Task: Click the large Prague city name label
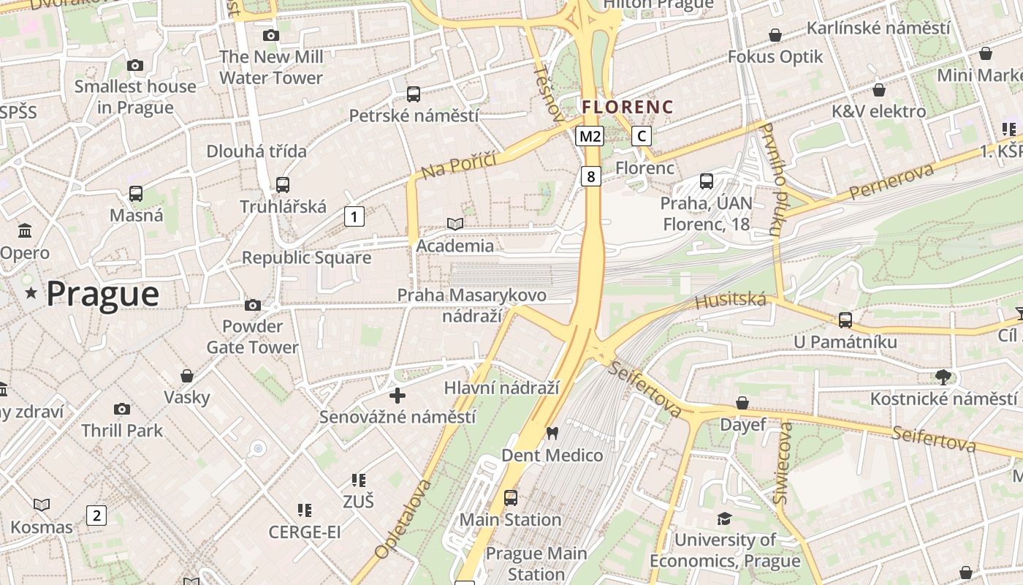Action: tap(102, 294)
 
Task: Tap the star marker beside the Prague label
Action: tap(31, 293)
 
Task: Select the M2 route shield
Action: tap(590, 136)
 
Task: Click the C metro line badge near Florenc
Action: tap(641, 136)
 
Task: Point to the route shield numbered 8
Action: tap(591, 175)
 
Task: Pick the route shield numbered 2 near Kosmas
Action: tap(96, 515)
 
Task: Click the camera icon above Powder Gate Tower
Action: tap(253, 305)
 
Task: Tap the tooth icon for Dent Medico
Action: tap(552, 434)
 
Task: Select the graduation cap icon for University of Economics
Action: tap(724, 518)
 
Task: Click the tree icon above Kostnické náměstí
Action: tap(943, 377)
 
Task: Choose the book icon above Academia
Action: tap(455, 224)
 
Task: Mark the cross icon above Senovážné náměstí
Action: tap(398, 396)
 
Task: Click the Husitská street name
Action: tap(730, 300)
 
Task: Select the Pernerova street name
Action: tap(892, 183)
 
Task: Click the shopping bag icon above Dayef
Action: tap(742, 403)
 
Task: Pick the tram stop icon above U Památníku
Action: tap(845, 320)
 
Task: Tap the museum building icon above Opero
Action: tap(25, 231)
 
